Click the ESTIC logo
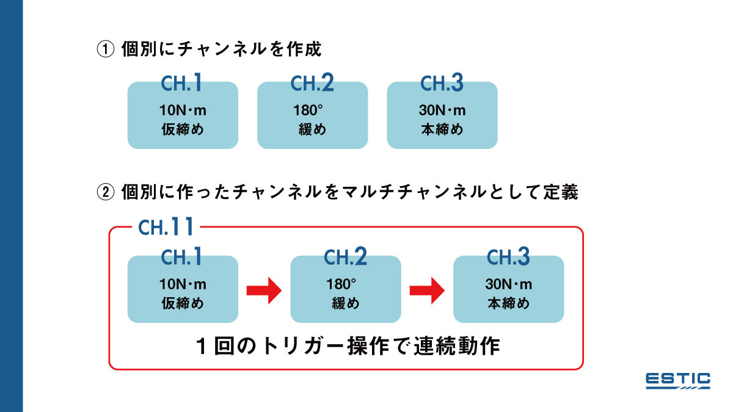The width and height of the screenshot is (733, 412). point(678,380)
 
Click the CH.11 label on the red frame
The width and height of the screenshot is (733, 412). point(166,228)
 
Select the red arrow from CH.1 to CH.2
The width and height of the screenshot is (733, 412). point(263,290)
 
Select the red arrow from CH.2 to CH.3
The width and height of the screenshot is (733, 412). point(426,290)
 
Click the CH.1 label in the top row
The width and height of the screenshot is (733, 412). point(181,84)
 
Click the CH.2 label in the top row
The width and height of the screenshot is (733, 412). point(312,84)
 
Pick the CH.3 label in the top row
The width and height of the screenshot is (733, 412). point(442,84)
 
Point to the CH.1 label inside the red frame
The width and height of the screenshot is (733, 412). point(181,258)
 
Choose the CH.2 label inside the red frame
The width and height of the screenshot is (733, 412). point(345,258)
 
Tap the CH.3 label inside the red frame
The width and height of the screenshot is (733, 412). point(508,258)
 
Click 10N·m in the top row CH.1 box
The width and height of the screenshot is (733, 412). point(183,111)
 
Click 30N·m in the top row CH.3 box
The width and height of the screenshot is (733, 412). point(442,111)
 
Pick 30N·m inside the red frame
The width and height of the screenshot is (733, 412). point(508,285)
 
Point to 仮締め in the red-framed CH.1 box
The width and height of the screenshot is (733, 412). point(183,303)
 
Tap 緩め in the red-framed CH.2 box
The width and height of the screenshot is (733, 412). point(346,303)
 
